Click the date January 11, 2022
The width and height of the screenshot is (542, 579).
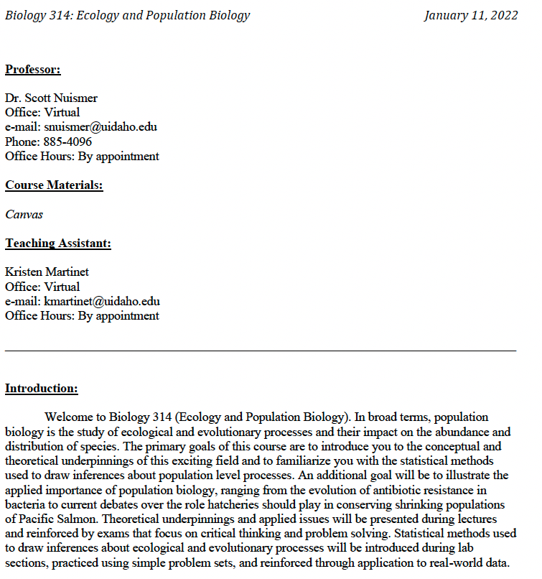470,15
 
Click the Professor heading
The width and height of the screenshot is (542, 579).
33,70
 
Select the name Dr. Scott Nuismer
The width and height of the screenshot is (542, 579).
51,98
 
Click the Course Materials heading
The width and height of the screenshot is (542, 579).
54,185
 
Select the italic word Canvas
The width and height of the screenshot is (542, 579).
24,214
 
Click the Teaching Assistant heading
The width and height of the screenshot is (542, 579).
58,244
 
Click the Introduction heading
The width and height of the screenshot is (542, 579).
42,389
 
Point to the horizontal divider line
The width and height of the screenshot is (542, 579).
261,351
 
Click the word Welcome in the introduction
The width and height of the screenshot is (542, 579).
68,417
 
